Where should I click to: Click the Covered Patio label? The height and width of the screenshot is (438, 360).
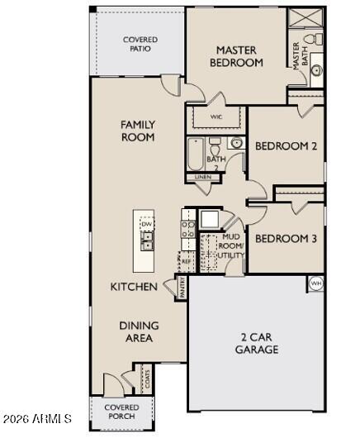(140, 43)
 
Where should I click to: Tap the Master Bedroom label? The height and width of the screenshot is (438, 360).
(236, 55)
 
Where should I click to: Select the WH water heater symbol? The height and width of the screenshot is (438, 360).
(315, 283)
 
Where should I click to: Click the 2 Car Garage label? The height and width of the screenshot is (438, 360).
(258, 343)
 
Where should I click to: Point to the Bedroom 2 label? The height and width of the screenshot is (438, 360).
(286, 146)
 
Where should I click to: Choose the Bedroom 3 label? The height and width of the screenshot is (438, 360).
(285, 239)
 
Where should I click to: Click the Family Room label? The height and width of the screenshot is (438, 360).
(138, 131)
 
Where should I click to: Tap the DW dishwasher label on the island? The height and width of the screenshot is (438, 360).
(146, 224)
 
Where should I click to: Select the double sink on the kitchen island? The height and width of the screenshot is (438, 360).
(147, 240)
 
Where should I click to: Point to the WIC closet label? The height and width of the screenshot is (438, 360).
(216, 117)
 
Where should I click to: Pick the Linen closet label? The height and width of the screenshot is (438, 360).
(202, 178)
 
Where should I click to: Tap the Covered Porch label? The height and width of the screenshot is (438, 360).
(121, 412)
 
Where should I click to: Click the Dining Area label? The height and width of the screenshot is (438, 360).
(139, 331)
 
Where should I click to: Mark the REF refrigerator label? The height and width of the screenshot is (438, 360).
(186, 260)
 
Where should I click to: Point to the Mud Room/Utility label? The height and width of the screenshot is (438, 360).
(230, 247)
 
